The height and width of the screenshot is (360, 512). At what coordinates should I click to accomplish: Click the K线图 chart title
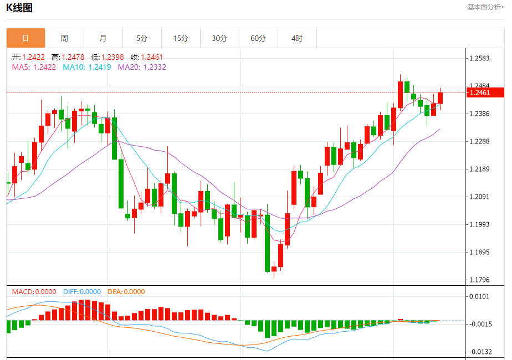(19, 8)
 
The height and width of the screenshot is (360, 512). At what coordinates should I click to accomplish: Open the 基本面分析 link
(485, 7)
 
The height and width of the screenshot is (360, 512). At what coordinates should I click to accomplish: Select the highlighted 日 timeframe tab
(25, 38)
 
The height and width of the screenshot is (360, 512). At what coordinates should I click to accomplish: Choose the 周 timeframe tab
(64, 38)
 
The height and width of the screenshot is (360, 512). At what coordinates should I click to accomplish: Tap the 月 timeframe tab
(103, 38)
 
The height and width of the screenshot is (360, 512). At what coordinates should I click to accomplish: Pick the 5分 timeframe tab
(142, 38)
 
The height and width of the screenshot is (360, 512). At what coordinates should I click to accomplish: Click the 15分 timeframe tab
(181, 38)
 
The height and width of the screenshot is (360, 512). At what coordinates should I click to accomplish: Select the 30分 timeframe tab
(219, 38)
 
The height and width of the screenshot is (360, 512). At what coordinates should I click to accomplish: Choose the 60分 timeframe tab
(258, 38)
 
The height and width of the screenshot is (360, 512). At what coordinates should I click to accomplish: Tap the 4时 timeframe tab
(297, 38)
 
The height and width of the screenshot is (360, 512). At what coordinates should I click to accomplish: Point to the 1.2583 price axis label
(479, 58)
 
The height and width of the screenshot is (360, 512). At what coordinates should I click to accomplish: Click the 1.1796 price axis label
(479, 280)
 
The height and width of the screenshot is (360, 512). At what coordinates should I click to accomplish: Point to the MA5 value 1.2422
(45, 67)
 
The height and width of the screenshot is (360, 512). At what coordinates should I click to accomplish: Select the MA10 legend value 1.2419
(100, 67)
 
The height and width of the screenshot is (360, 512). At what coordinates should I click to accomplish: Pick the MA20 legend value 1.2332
(155, 67)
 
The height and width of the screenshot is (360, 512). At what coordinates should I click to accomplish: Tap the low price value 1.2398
(112, 57)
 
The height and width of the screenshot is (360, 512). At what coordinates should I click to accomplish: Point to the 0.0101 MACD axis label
(479, 296)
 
